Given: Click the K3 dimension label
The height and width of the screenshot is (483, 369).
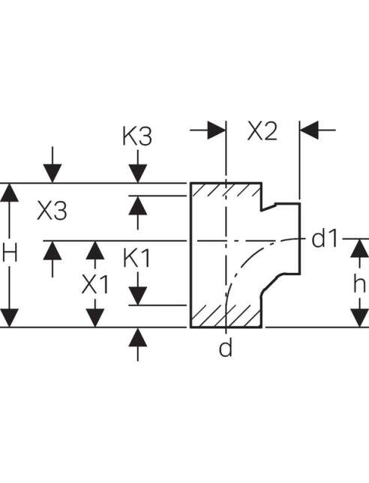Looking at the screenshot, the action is (x=137, y=136).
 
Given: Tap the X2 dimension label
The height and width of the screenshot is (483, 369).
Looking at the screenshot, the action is (x=262, y=131).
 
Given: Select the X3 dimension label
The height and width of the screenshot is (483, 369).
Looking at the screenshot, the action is (x=52, y=211).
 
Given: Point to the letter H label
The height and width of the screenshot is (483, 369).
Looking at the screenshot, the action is (x=10, y=253).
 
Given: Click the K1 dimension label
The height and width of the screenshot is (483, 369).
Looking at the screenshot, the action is (x=136, y=258).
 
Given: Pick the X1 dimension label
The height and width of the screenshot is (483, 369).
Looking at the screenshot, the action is (x=94, y=284).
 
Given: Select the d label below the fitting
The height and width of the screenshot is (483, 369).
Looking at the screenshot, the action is (x=226, y=347).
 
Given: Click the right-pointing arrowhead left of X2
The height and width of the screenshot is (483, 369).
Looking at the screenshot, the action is (x=217, y=130).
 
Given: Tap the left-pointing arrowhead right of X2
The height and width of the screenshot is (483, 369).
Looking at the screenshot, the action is (x=309, y=130).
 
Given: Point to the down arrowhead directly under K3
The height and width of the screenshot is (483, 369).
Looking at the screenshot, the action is (x=138, y=173).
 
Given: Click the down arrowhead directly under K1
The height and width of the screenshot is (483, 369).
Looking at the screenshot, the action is (x=138, y=295).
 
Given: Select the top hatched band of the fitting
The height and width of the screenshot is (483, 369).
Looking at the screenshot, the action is (x=226, y=190).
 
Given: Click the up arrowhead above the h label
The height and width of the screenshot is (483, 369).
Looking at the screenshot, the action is (x=359, y=248).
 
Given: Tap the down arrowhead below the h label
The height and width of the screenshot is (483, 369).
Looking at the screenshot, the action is (x=359, y=317).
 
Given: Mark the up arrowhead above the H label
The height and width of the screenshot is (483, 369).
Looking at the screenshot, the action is (x=9, y=193).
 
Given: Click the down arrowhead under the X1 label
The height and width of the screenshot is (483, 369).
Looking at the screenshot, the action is (x=94, y=317).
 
